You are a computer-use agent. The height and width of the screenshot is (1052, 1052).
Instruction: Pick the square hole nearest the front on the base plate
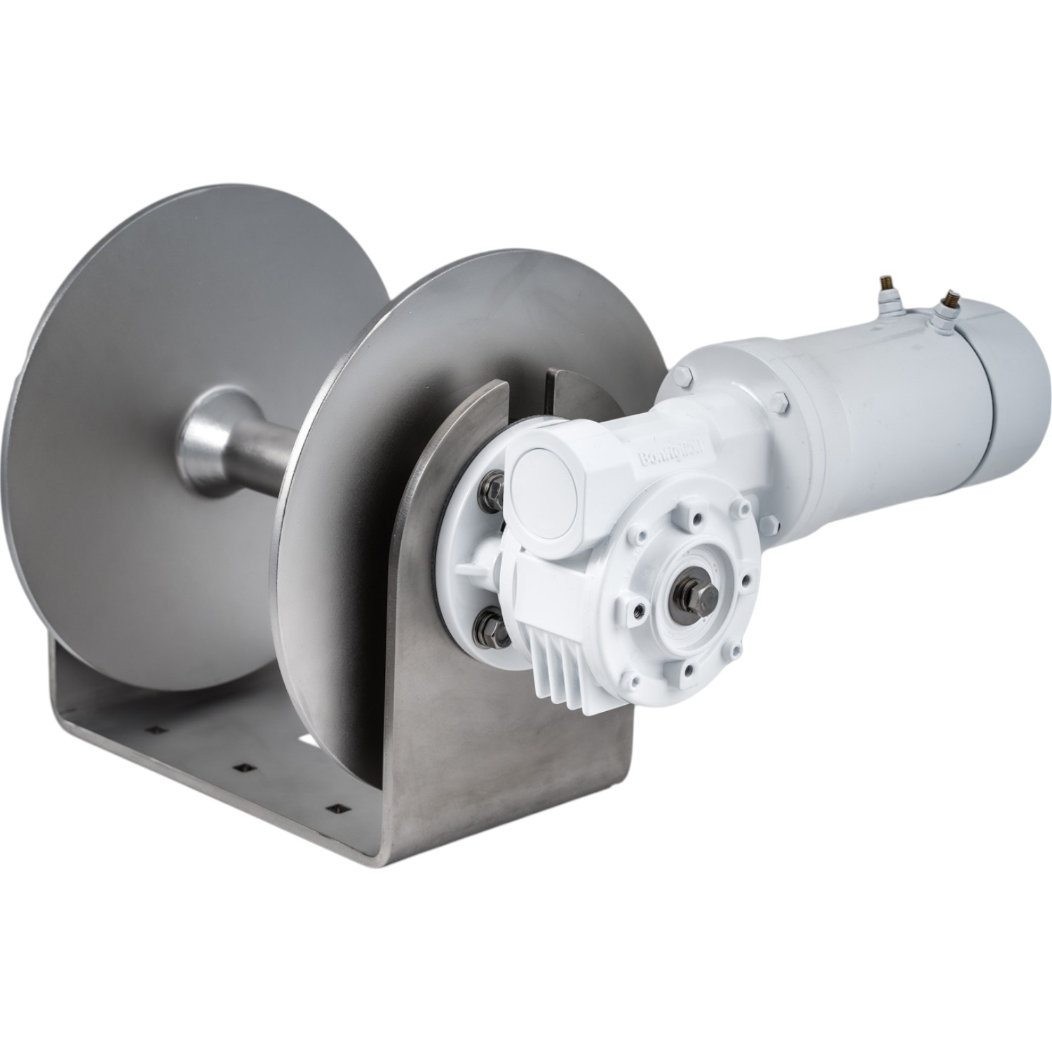(x=339, y=807)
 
